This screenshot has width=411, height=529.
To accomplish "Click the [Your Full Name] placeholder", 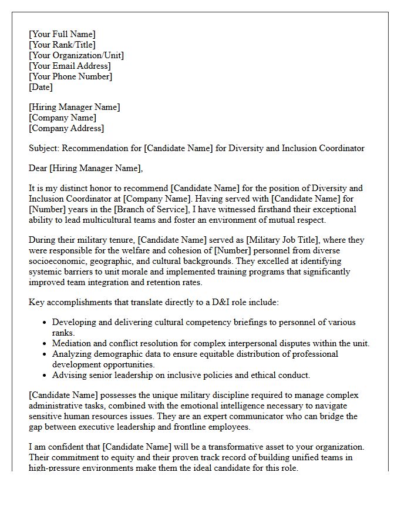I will (62, 35).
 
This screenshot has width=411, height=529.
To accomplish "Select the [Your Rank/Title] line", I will (62, 45).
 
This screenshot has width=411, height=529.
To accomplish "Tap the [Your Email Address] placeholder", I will (69, 66).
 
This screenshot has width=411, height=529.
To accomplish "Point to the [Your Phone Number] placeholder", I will (70, 77).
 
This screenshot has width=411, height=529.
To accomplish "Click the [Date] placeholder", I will (41, 88).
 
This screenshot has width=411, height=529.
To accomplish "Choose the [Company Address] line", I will (66, 129).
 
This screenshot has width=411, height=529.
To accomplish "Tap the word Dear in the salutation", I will (38, 169).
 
